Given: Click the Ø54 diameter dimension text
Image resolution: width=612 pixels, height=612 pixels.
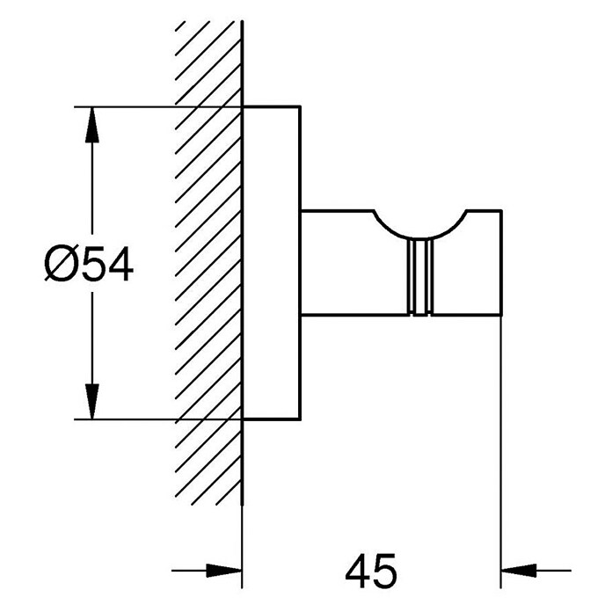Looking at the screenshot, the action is (x=89, y=264).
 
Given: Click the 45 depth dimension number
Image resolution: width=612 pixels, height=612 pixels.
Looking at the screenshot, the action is (x=371, y=571).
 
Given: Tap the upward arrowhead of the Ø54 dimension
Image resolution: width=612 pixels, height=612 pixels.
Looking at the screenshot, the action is (x=91, y=125).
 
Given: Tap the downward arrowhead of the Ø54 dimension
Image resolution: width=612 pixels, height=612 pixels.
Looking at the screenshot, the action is (x=91, y=401).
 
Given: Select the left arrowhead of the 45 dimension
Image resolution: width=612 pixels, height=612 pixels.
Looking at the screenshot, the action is (x=223, y=571).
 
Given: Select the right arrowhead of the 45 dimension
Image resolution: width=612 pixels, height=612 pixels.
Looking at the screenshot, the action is (x=519, y=571).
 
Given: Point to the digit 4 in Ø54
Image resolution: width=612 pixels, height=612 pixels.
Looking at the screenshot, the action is (x=120, y=264).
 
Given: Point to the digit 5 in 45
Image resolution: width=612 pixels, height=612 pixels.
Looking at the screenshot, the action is (x=385, y=571).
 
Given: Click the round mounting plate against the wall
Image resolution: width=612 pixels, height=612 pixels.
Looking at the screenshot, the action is (x=272, y=263).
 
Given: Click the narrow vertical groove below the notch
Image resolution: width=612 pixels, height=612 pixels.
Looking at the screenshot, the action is (x=420, y=277).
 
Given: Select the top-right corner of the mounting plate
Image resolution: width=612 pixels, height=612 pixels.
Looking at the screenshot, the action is (x=301, y=106).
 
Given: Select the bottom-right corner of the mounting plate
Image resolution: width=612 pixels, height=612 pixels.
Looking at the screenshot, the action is (x=301, y=420).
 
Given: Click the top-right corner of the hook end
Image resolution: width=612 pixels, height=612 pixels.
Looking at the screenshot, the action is (x=501, y=211).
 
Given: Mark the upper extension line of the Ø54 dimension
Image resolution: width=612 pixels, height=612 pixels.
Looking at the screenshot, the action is (x=158, y=106).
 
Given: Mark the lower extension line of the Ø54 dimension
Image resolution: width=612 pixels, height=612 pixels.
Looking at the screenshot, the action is (x=158, y=419).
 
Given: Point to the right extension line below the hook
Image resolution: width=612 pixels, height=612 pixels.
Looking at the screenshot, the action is (x=500, y=452).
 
